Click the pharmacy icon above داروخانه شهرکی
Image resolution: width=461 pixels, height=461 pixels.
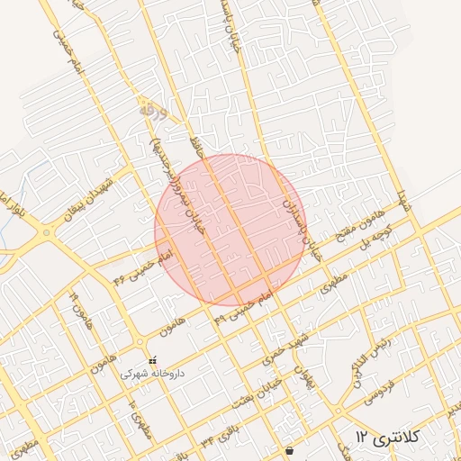(x=151, y=360)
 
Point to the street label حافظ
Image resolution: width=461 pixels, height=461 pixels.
(x=197, y=147)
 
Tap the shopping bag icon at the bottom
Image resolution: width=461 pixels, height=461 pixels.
(x=288, y=450)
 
